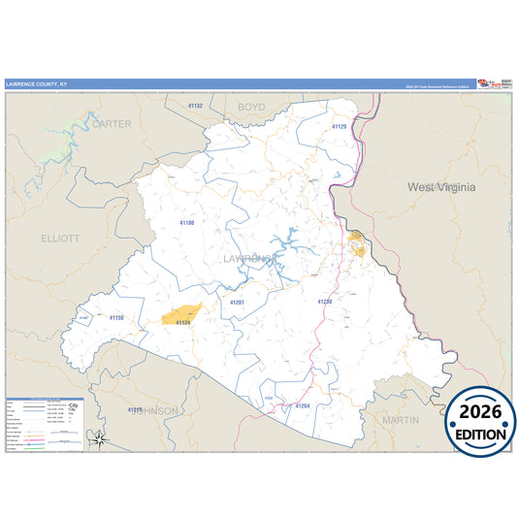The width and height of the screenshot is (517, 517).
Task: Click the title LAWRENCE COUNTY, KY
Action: point(36,85)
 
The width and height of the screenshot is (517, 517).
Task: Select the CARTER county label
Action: point(111,123)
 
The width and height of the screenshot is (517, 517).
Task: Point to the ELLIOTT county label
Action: point(60,238)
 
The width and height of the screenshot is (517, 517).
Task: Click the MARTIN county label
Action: point(400,420)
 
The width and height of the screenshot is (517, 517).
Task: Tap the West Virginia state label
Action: point(441,186)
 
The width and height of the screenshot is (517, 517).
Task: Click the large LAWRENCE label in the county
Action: point(250,259)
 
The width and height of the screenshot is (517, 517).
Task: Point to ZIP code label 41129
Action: point(339,127)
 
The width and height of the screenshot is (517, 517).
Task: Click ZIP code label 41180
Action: point(187,222)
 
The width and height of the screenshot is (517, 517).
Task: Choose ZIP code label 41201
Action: point(237,303)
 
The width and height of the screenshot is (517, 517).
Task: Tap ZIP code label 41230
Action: point(324,302)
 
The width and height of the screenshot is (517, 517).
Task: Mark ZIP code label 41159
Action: point(116,317)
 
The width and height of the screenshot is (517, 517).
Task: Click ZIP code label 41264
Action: point(302,405)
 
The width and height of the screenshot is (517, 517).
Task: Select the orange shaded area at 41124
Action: point(181,314)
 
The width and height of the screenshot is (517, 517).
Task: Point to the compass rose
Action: point(100,439)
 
